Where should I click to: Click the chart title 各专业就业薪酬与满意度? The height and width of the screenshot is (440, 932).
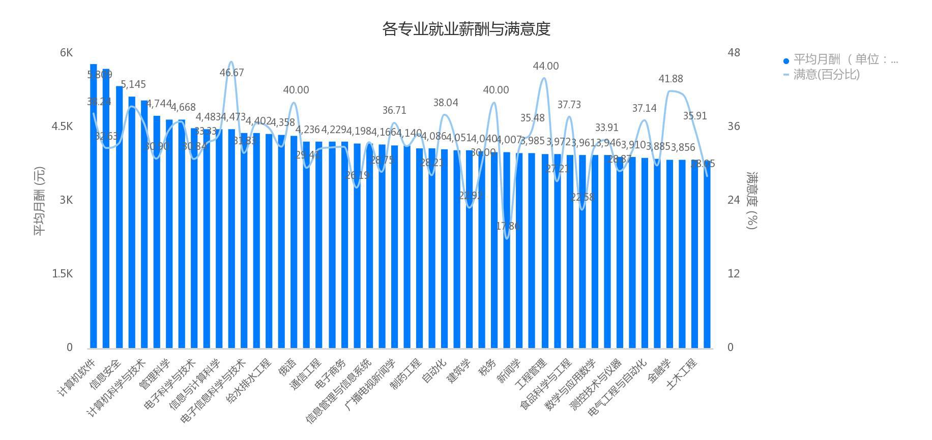[x=466, y=29]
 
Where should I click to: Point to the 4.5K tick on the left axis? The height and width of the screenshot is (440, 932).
[x=62, y=127]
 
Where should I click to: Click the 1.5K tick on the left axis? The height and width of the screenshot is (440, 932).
[x=62, y=274]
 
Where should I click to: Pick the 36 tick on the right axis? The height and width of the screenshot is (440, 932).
[x=733, y=127]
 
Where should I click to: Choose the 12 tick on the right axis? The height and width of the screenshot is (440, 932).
[x=733, y=274]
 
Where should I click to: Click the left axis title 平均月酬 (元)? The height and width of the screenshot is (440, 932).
[x=39, y=201]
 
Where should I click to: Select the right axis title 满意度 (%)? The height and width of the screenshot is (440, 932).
[x=752, y=201]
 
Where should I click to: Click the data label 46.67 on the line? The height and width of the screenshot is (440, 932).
[x=231, y=73]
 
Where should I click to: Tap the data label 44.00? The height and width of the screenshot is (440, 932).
[x=545, y=66]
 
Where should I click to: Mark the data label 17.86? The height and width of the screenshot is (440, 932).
[x=508, y=226]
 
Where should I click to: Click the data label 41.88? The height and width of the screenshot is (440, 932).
[x=671, y=79]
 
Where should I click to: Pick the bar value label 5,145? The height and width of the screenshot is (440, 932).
[x=133, y=84]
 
